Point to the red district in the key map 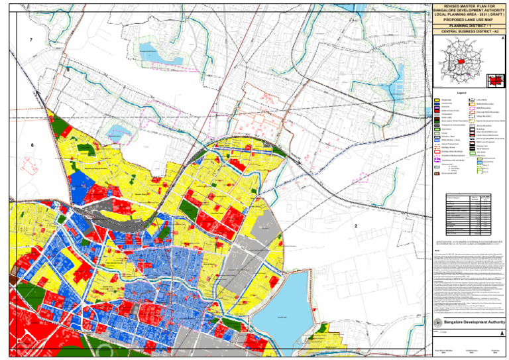click(x=458, y=61)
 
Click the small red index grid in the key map click(x=494, y=80)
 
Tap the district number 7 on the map click(x=31, y=41)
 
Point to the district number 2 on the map click(x=356, y=227)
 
